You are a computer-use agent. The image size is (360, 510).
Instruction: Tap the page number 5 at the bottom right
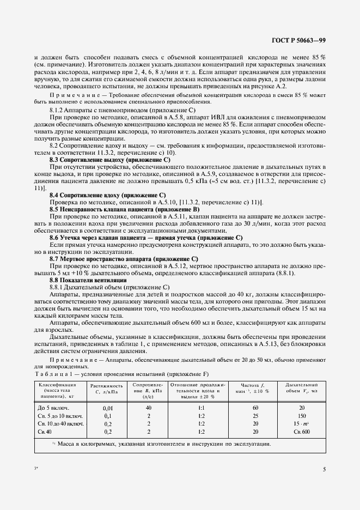(324, 469)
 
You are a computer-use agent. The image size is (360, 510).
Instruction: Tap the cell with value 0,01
(108, 408)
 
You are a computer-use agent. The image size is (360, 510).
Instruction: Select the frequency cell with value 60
(255, 408)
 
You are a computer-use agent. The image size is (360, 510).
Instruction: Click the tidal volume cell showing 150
(302, 415)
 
